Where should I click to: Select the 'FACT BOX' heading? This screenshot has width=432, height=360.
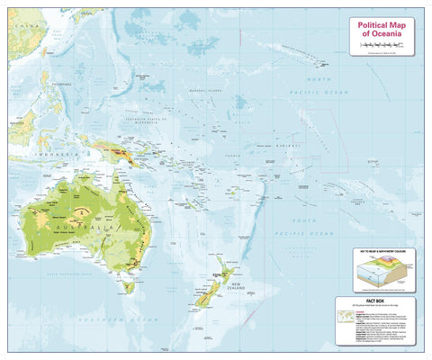pyautogui.click(x=380, y=303)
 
